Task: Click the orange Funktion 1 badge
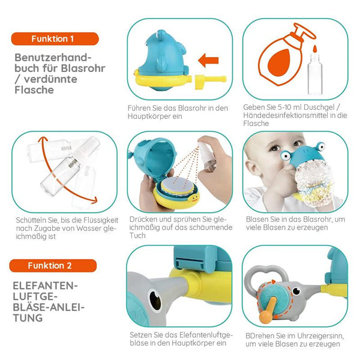tap(55, 39)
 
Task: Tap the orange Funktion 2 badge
tap(53, 266)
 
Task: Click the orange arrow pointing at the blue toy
tap(208, 61)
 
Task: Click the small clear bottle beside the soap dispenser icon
tap(315, 74)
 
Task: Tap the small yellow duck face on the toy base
tap(194, 199)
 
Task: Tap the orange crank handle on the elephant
tap(268, 310)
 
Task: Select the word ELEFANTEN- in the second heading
tap(45, 286)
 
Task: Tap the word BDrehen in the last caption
tap(260, 336)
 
